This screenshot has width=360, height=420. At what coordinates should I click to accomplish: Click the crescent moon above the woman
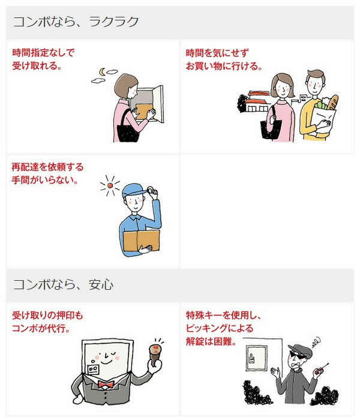tap(101, 71)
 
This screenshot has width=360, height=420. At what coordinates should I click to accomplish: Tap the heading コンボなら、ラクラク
tap(76, 22)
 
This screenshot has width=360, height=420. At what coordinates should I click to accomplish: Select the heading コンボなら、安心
tap(63, 284)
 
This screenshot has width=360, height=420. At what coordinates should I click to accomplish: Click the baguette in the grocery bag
tap(332, 103)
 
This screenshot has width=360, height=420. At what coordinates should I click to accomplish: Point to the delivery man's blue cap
tap(134, 190)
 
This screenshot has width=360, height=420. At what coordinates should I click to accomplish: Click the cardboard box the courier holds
tap(141, 241)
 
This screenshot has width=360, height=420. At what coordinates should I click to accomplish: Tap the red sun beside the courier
tap(110, 185)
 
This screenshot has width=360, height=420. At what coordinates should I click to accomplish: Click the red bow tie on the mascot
tap(106, 385)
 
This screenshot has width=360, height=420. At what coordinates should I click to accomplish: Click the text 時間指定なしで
tap(43, 53)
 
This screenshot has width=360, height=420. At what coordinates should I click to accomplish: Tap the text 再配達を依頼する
tap(47, 167)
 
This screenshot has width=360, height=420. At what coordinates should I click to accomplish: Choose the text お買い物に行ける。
tap(224, 66)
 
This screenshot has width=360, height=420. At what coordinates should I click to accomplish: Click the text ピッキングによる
tap(220, 328)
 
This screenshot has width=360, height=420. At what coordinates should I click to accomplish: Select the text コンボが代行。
tap(41, 328)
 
